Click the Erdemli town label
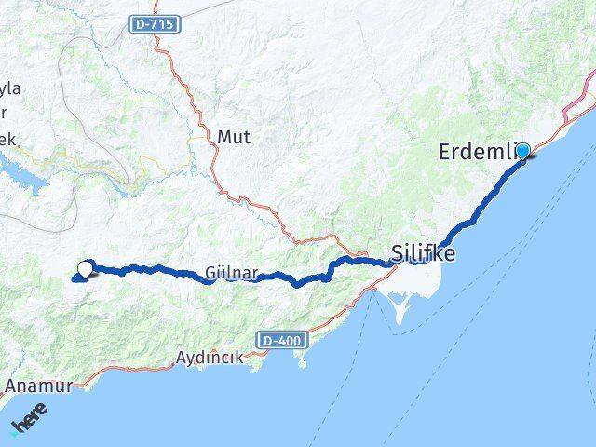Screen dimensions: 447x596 [x=474, y=151]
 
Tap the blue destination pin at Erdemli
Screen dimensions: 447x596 [x=522, y=151]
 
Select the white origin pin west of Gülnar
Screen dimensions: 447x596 [x=85, y=270]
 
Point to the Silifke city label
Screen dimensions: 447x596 [x=424, y=251]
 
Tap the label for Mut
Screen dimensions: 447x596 [x=233, y=136]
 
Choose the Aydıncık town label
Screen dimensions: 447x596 [x=210, y=358]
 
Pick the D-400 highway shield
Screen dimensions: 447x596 [x=281, y=341]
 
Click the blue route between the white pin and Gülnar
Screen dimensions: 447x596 [x=149, y=269]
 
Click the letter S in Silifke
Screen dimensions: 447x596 [x=398, y=251]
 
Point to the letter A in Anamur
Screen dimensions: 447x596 [x=10, y=384]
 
